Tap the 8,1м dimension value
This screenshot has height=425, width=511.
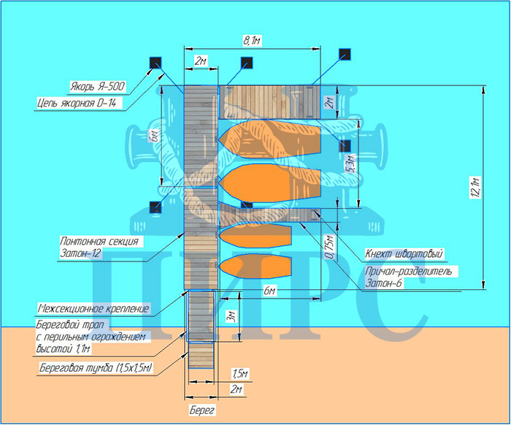click(x=252, y=42)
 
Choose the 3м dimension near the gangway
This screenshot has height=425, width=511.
click(x=231, y=318)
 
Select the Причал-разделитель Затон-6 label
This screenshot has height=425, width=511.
click(x=409, y=277)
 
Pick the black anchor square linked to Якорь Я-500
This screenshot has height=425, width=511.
click(x=155, y=63)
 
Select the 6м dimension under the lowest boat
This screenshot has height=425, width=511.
click(x=269, y=292)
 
